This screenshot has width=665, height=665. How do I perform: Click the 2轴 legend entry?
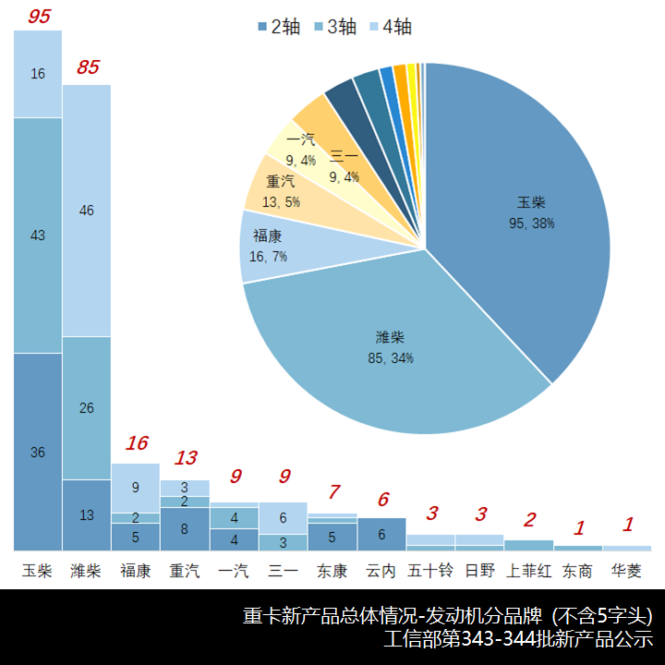click(x=278, y=27)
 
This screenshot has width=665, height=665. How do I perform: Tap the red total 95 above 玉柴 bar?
click(x=38, y=16)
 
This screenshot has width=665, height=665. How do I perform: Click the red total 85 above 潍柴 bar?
click(x=88, y=67)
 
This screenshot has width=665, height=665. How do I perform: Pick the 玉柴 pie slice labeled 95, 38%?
click(x=526, y=212)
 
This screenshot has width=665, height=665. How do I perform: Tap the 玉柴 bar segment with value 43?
click(x=38, y=236)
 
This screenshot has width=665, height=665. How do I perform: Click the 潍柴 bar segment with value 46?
click(x=87, y=211)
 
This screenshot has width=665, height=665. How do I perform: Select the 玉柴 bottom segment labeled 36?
click(x=38, y=452)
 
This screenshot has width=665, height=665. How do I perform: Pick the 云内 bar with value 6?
click(x=381, y=534)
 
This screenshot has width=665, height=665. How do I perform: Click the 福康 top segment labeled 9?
click(x=136, y=486)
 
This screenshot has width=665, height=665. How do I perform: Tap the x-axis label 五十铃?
click(x=430, y=571)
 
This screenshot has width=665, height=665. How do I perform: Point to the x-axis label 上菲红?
click(x=529, y=571)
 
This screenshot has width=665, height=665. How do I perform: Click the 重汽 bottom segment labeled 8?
click(x=185, y=529)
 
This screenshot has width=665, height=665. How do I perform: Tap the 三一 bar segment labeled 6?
click(x=284, y=518)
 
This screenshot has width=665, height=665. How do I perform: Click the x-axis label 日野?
click(x=479, y=571)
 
